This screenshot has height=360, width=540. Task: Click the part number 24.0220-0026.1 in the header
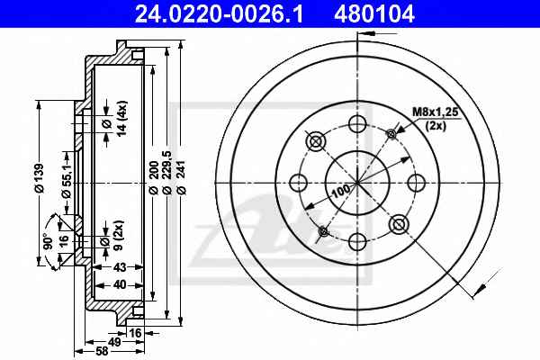coord(219,14)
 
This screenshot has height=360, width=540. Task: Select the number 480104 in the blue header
coord(373,14)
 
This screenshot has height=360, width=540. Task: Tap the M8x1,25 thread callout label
coord(436,112)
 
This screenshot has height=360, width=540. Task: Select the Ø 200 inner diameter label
coord(154,177)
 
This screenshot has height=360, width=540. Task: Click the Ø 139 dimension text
coord(40,178)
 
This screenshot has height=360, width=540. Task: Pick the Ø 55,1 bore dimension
coord(66,181)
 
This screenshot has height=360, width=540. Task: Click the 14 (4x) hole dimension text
coord(121,119)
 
